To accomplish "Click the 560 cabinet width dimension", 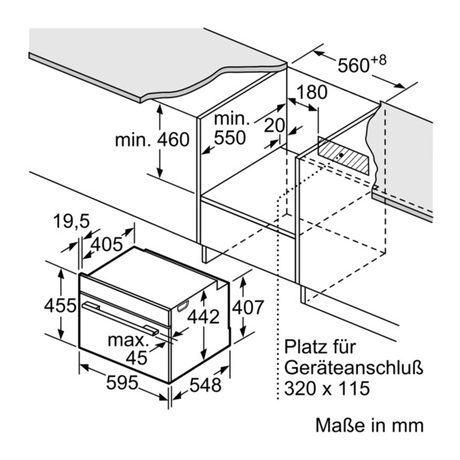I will tap(354, 67).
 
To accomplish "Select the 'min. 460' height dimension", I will tap(152, 140).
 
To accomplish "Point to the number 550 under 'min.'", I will tap(229, 138).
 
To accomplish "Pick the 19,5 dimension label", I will tap(72, 222).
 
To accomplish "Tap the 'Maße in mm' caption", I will tap(368, 425).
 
